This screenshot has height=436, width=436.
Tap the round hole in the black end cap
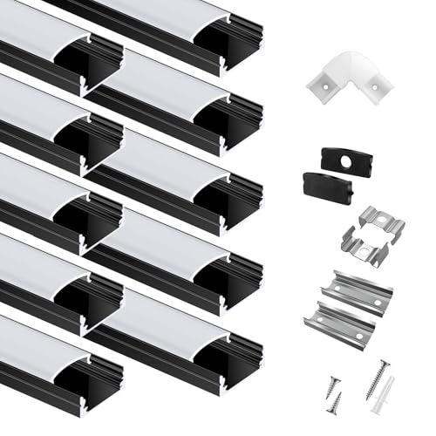353,160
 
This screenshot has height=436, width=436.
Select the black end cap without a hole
328,186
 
